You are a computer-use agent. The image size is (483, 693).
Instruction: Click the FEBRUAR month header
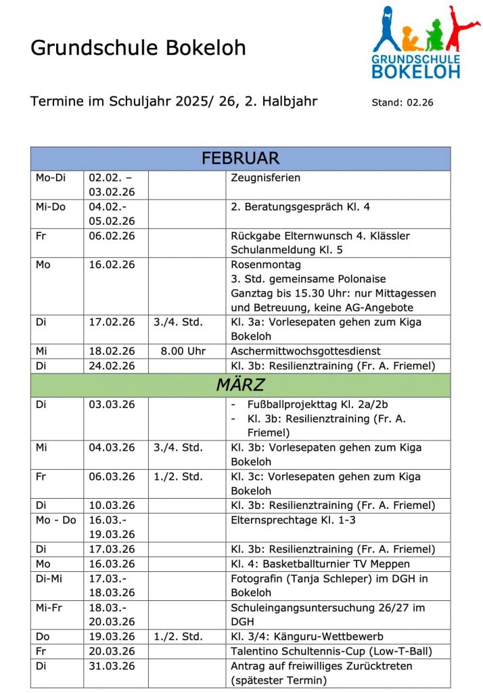tap(240, 159)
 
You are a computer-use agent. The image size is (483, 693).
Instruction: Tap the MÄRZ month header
tap(240, 386)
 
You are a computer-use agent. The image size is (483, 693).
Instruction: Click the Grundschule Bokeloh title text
tap(138, 48)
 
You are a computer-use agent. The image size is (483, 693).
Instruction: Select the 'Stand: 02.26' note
tap(402, 104)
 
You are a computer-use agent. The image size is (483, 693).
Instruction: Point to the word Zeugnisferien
tap(265, 178)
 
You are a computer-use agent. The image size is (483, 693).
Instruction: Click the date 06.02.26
tap(112, 236)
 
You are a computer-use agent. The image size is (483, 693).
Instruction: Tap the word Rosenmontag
tap(266, 265)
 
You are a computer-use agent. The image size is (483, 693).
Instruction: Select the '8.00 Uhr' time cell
tap(183, 351)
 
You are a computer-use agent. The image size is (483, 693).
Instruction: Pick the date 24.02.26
tap(112, 366)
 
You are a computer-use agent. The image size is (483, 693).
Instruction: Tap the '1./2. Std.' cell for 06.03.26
tap(178, 476)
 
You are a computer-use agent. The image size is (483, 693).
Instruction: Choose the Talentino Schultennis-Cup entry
tap(331, 652)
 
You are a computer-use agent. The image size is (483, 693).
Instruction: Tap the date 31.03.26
tap(112, 666)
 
